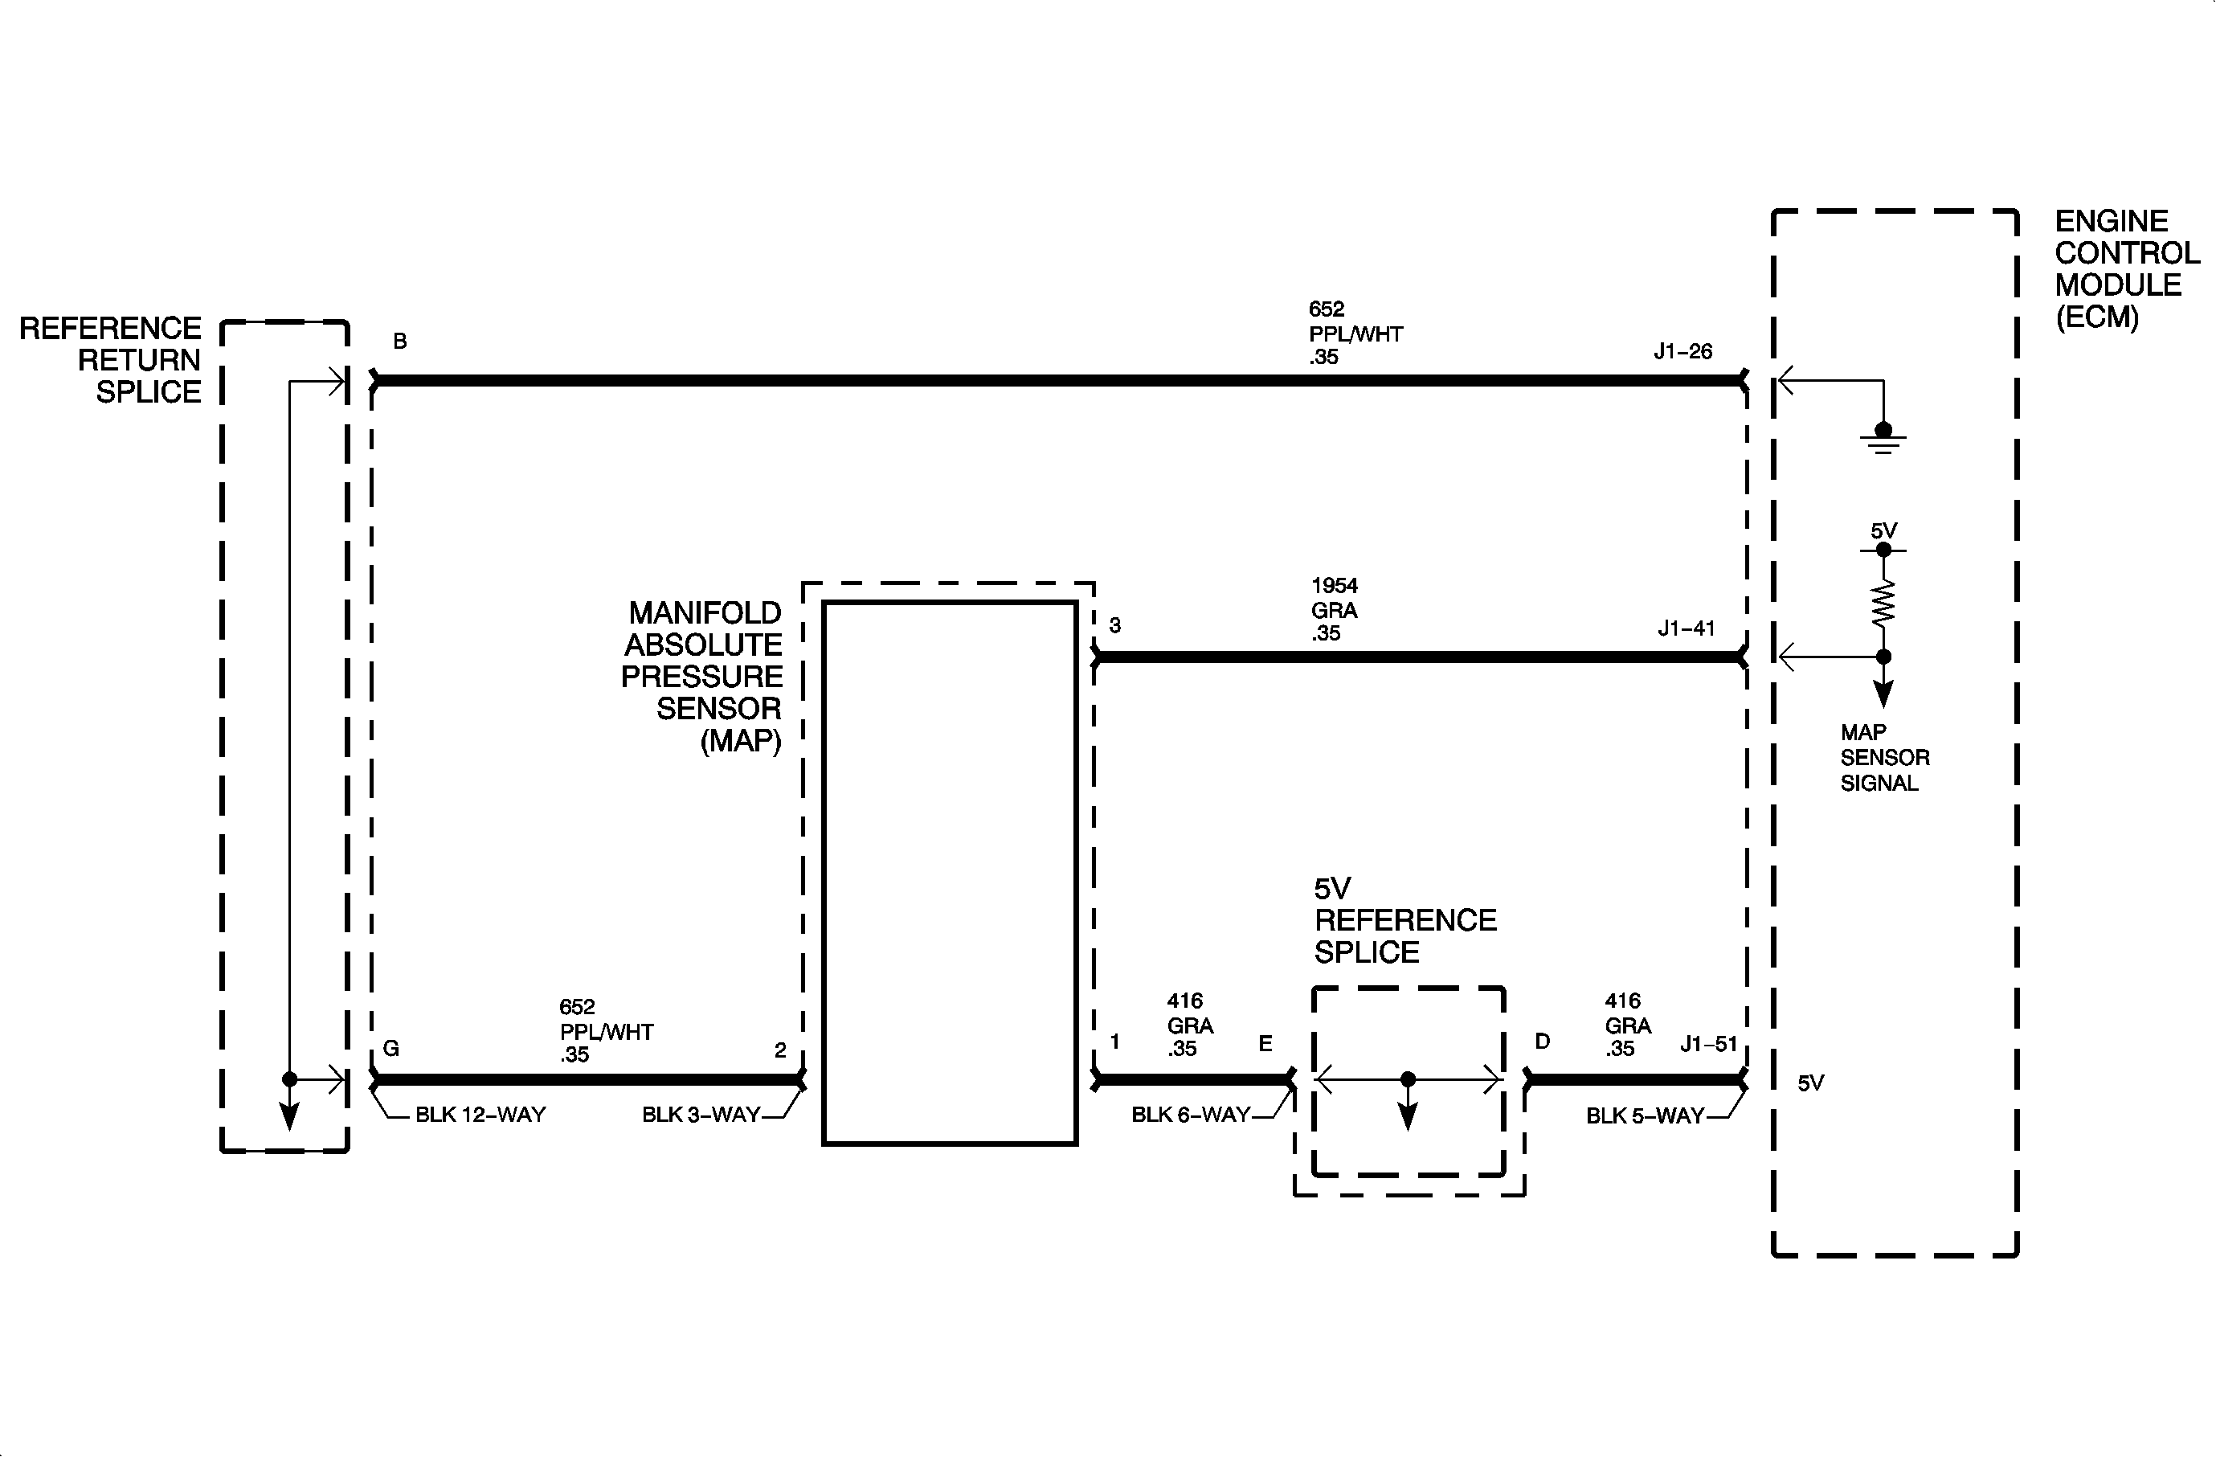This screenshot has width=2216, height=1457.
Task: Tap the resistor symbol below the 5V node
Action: point(1883,603)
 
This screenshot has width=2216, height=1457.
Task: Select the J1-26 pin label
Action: point(1682,351)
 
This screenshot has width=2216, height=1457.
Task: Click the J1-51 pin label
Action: point(1708,1044)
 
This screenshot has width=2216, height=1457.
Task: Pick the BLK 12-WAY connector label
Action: point(480,1115)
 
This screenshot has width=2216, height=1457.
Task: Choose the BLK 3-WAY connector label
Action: point(701,1115)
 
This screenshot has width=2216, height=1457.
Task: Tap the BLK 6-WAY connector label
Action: point(1190,1115)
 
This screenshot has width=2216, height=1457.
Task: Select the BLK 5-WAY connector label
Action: point(1644,1115)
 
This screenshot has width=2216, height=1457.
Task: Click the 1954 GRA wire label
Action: point(1335,610)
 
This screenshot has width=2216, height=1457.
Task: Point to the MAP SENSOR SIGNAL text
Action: point(1884,758)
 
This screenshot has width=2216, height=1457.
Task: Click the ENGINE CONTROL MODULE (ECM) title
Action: point(2127,269)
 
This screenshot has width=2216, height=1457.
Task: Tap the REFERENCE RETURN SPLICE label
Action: point(111,359)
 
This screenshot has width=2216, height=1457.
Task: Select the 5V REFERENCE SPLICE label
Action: point(1405,920)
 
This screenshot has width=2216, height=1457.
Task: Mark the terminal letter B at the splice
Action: point(399,342)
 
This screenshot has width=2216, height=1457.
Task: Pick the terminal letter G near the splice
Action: point(391,1048)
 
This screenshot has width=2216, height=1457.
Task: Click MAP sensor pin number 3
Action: point(1114,625)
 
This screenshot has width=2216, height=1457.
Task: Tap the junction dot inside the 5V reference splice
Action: point(1408,1079)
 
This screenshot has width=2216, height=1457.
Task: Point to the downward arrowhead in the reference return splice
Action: point(289,1116)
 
